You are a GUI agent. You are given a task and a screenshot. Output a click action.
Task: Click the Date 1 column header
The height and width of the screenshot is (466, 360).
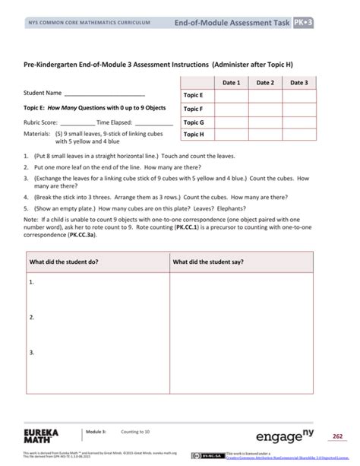point(232,82)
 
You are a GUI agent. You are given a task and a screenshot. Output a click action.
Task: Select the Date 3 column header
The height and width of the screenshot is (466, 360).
point(299,82)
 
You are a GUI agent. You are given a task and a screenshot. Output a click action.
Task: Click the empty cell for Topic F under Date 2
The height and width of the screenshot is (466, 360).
point(265,109)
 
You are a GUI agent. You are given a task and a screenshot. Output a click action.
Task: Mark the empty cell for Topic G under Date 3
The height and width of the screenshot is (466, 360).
point(299,122)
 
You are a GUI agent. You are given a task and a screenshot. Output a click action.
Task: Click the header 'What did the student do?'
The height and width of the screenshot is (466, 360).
point(63,262)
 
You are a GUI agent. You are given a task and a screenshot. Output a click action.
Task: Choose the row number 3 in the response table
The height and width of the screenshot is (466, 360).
point(32,353)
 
